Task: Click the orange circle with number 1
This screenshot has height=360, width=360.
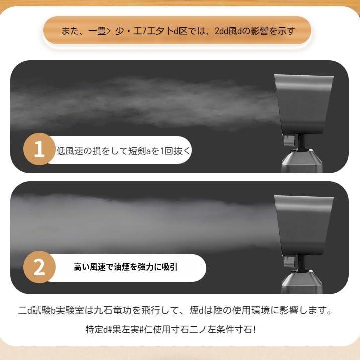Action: tap(39, 149)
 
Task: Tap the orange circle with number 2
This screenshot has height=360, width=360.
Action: tap(39, 267)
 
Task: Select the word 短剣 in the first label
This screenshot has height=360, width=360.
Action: tap(137, 151)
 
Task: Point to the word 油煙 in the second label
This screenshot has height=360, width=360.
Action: tap(122, 267)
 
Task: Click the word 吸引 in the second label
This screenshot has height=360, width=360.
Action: tap(169, 267)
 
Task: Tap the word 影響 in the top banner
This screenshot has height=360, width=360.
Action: tap(259, 31)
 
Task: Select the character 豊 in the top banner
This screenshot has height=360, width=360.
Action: tap(102, 31)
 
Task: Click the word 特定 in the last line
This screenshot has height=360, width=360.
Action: tap(94, 330)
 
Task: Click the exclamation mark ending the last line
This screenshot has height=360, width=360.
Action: tap(254, 330)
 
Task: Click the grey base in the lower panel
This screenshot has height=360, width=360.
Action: tap(302, 282)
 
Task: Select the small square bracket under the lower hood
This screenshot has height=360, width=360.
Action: tap(289, 262)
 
